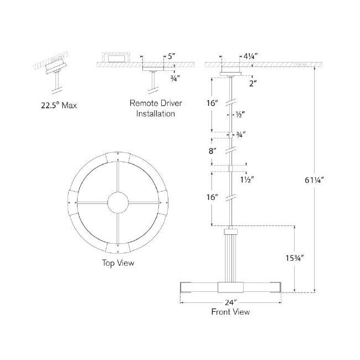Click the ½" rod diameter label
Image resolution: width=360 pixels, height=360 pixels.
coord(240,114)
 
